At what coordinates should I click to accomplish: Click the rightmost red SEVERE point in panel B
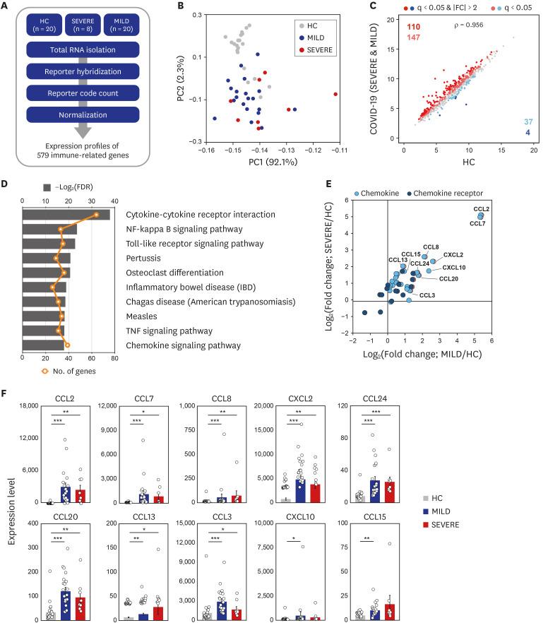point(335,94)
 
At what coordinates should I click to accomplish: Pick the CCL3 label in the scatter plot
point(428,295)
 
